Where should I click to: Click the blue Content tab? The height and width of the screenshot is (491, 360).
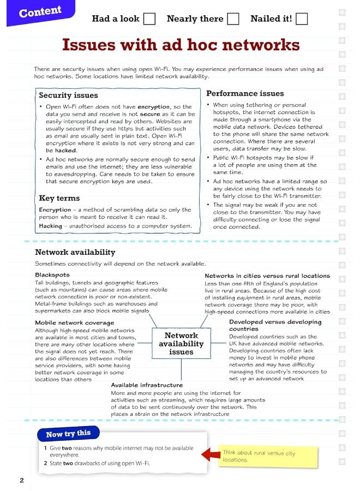40,12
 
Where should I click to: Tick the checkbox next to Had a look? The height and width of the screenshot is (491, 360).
149,19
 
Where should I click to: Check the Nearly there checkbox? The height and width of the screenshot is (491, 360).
233,19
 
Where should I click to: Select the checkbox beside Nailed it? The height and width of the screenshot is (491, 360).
302,19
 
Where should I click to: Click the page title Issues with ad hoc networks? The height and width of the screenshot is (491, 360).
181,44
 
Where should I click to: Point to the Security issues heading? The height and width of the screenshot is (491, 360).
68,95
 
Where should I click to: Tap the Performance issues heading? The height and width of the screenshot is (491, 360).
245,93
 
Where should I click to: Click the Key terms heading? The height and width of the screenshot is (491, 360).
59,198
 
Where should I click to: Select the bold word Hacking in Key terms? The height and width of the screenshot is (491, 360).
50,226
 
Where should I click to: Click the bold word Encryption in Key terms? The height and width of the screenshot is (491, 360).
55,209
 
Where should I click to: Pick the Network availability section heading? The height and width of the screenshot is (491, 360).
75,252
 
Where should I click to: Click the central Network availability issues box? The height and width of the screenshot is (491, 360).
181,344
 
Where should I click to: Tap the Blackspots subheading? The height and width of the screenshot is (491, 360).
52,275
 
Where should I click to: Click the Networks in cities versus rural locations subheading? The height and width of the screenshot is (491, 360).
267,276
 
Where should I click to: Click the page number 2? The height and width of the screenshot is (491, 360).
22,480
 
